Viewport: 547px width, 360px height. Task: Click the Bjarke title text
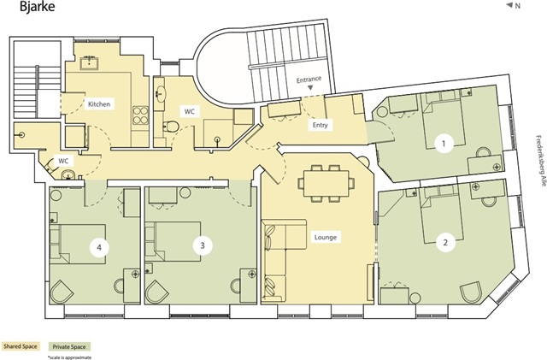[x=38, y=7]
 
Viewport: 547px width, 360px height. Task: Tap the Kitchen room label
[x=99, y=104]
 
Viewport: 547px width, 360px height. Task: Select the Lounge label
[x=326, y=238]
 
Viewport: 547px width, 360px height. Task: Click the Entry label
[x=321, y=125]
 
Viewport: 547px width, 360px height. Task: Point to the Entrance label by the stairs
[x=309, y=80]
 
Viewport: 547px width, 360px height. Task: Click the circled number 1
[x=444, y=144]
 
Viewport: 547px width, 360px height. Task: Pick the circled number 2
[x=445, y=242]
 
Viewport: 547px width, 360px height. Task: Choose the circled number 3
[x=203, y=245]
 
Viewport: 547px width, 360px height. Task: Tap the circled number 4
[x=99, y=248]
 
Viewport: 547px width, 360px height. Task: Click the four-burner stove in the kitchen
[x=140, y=115]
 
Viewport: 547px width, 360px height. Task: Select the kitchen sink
[x=89, y=62]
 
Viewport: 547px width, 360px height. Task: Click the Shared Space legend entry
[x=21, y=346]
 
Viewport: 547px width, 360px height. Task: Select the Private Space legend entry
[x=69, y=346]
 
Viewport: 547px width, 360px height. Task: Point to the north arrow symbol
[x=509, y=5]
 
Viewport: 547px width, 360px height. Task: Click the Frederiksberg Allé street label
[x=539, y=160]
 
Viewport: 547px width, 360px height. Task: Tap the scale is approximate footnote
[x=70, y=357]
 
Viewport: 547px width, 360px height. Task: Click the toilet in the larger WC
[x=171, y=127]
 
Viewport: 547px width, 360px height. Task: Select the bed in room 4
[x=78, y=244]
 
